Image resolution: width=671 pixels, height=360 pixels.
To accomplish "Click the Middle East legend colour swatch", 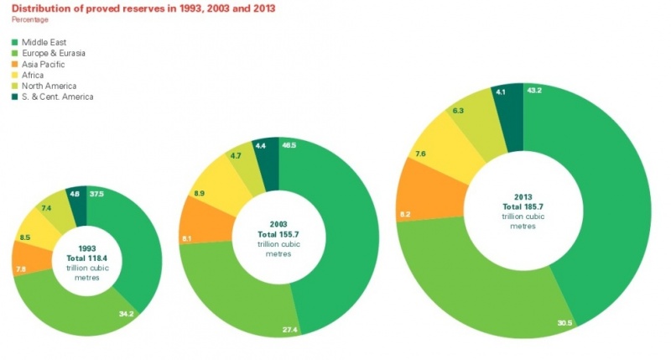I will (15, 41).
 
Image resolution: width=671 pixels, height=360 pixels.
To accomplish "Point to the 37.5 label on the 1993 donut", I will (97, 193).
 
